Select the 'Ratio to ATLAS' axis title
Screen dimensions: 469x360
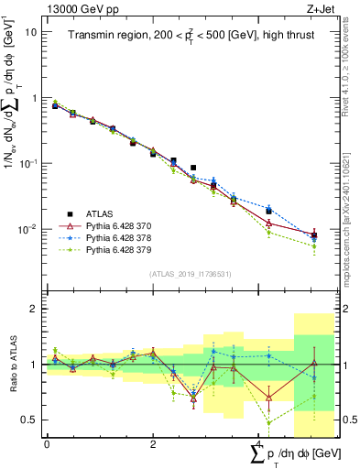[12, 365]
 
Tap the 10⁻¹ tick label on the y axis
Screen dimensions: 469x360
[27, 163]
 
